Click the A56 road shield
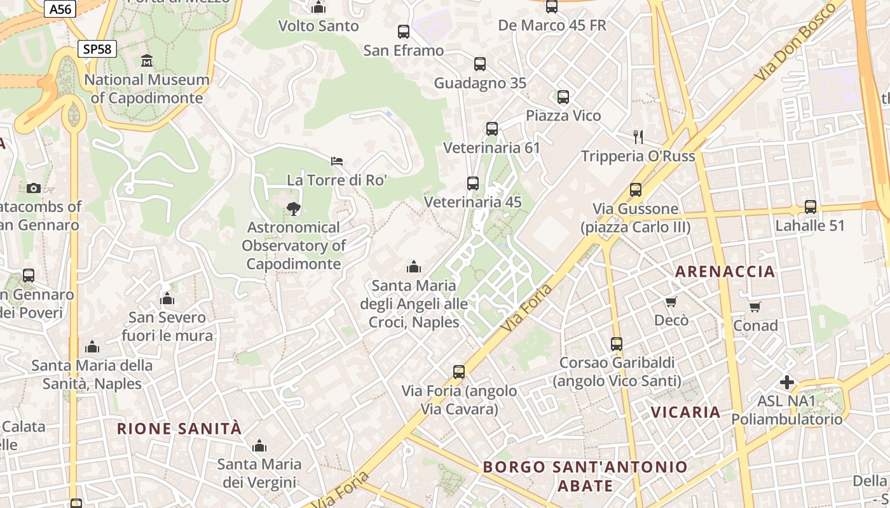(61, 8)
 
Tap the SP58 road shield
(97, 49)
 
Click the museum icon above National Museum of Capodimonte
(147, 61)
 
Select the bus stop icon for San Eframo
(403, 32)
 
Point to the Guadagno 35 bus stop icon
(480, 64)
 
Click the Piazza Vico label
(563, 116)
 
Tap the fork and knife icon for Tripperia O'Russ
(638, 137)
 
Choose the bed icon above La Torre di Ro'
(337, 161)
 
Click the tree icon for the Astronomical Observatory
(293, 208)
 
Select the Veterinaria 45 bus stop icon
(473, 184)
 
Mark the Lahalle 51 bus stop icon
(810, 207)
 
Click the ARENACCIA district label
(725, 272)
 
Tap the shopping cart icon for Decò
(671, 302)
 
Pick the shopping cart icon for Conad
(755, 307)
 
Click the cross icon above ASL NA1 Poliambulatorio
(787, 382)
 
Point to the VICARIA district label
(685, 412)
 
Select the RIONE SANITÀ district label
(179, 429)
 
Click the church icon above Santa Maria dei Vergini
(259, 446)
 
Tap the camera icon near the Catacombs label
(34, 188)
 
